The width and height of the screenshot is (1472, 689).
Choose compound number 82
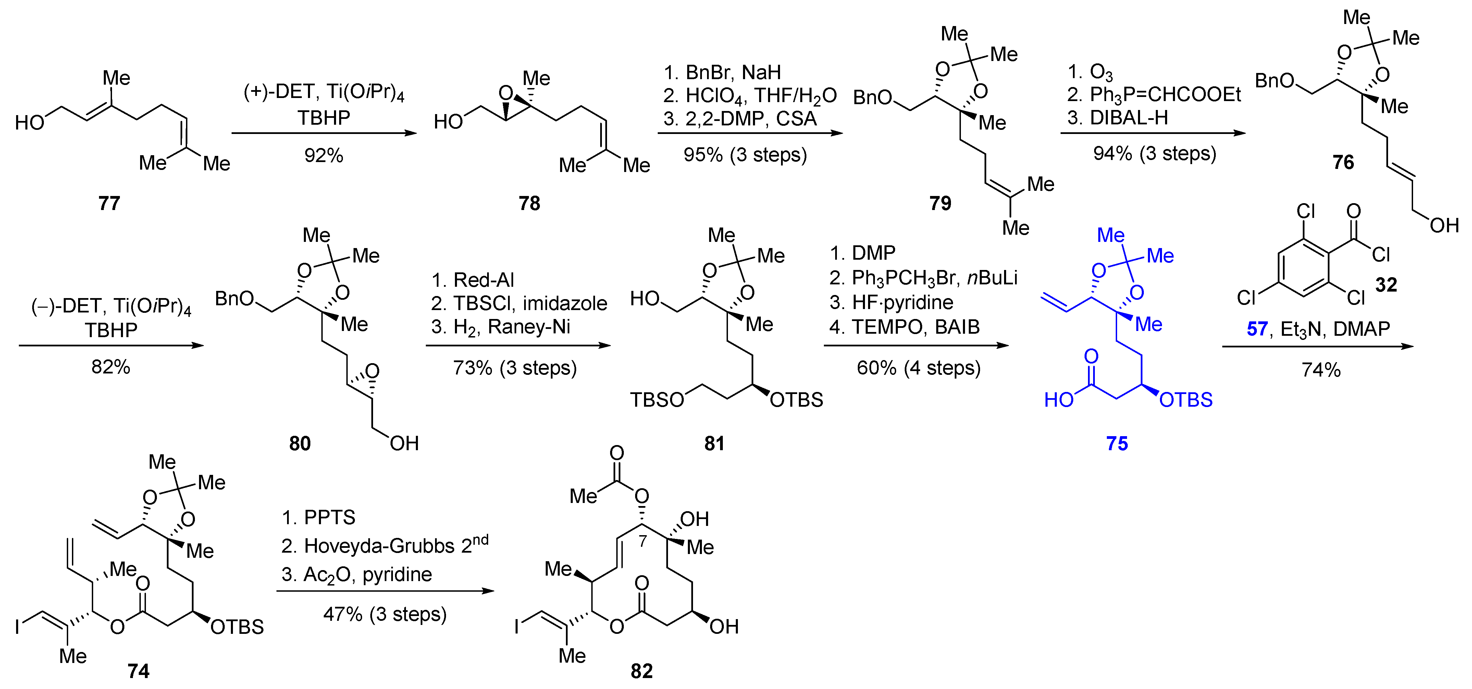pos(641,671)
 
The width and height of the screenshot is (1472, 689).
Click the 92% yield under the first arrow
pos(323,156)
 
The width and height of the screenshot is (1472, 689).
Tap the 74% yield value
pos(1321,370)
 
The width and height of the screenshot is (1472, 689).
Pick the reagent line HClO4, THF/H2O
pos(760,95)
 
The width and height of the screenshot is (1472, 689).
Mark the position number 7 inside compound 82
pos(643,541)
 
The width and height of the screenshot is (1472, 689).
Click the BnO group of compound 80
pos(234,298)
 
